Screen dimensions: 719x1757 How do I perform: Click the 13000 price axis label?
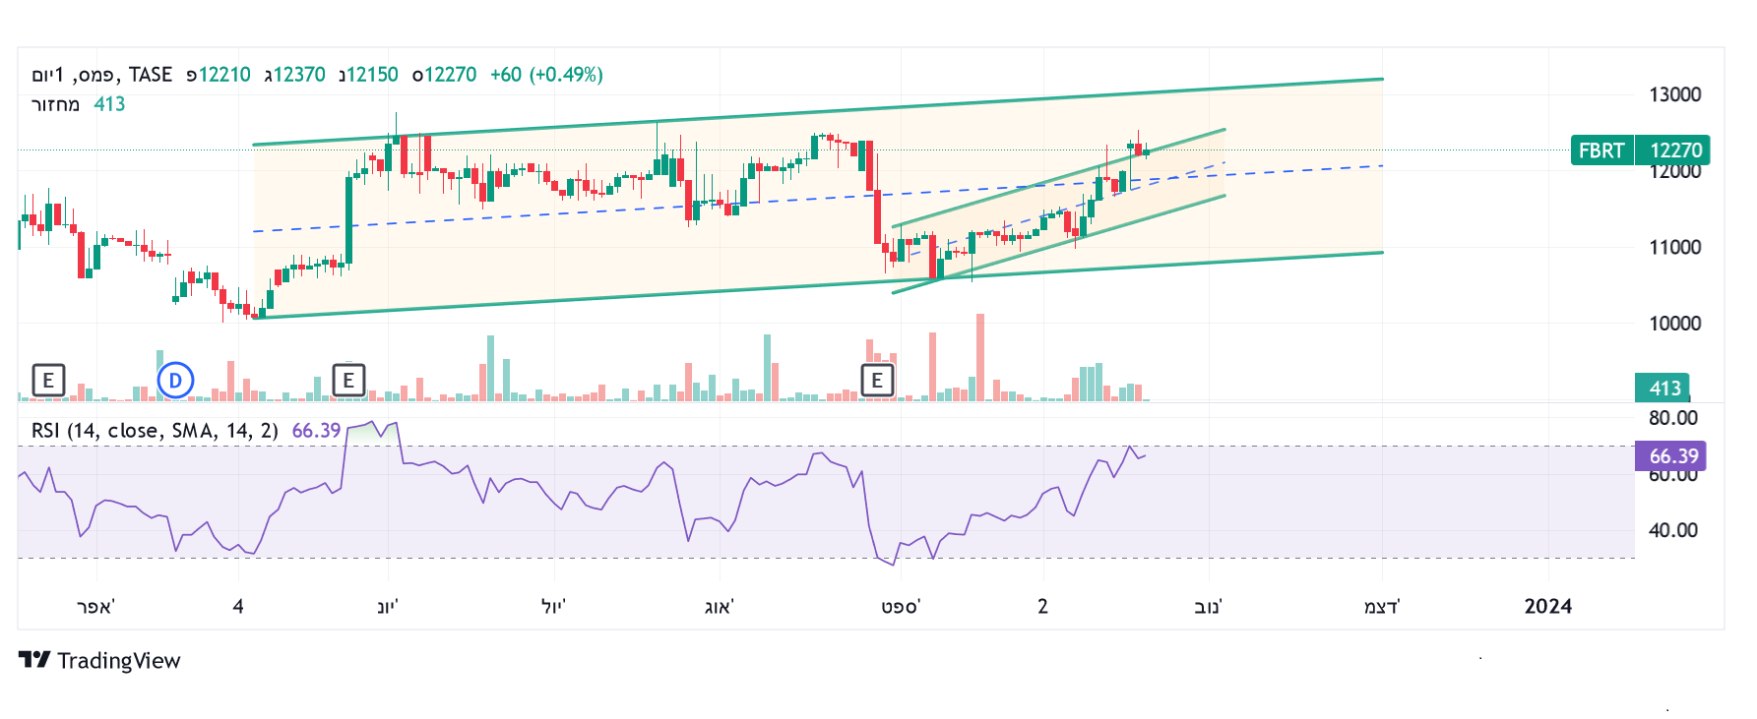[1674, 94]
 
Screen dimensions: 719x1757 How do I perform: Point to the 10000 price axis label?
[1674, 324]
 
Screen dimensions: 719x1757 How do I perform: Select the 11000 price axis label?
[1674, 247]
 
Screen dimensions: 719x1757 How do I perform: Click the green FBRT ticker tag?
[1601, 150]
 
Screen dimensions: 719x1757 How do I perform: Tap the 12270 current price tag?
[1675, 150]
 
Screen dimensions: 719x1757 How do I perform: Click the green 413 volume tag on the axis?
[1664, 388]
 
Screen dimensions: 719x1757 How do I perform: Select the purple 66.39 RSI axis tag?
[1673, 456]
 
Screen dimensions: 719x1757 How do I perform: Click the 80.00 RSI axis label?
[1673, 418]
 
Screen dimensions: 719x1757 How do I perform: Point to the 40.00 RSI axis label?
[1673, 530]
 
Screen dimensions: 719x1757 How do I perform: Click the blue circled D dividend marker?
[175, 380]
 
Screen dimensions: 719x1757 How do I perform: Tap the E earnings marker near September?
[877, 380]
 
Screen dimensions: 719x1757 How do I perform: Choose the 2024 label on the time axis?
[1547, 607]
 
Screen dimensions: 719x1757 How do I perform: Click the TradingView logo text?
[118, 661]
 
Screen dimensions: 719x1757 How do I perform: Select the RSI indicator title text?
[155, 431]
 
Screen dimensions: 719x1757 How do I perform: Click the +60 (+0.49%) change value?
[546, 75]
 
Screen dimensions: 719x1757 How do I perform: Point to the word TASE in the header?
[151, 75]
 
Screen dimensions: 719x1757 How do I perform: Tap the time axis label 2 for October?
[1042, 607]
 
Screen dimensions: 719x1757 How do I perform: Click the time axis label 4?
[238, 607]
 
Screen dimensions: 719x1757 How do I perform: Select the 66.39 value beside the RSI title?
[316, 431]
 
